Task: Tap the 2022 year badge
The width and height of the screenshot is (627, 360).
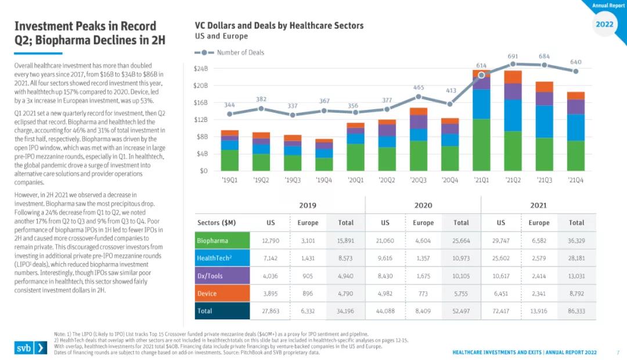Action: point(605,24)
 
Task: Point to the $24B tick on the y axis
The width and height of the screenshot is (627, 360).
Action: point(201,68)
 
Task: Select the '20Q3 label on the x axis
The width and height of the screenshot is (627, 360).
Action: point(418,179)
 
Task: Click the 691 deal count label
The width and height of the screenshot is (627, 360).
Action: point(513,56)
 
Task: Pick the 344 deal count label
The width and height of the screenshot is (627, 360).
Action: point(230,105)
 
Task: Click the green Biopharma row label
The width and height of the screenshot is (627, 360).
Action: point(222,240)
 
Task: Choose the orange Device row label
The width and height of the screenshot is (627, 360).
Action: point(222,294)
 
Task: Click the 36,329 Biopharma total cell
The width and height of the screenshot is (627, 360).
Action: point(576,240)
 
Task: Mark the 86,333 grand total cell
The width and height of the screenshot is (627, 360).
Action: point(576,311)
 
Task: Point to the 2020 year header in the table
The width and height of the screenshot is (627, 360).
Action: point(423,205)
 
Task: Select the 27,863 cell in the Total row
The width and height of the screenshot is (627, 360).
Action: point(271,311)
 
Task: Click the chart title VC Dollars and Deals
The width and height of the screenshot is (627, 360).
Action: point(279,26)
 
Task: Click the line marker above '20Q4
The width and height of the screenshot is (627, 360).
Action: point(450,104)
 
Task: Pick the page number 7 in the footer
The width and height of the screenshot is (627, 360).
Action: point(618,352)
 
